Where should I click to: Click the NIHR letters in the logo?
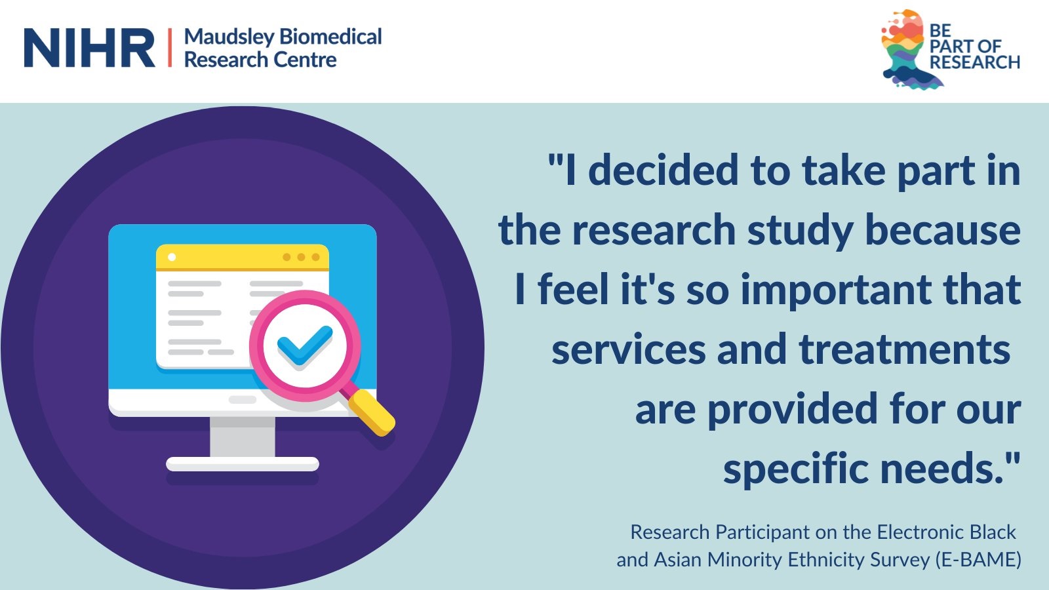pyautogui.click(x=89, y=47)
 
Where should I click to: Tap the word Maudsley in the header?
pyautogui.click(x=229, y=37)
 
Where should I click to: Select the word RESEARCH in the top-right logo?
pyautogui.click(x=974, y=62)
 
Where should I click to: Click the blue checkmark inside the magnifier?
pyautogui.click(x=305, y=345)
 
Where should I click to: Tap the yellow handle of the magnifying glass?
pyautogui.click(x=372, y=412)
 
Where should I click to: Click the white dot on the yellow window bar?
pyautogui.click(x=172, y=257)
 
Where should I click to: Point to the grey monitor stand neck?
pyautogui.click(x=242, y=437)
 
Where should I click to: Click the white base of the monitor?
pyautogui.click(x=243, y=464)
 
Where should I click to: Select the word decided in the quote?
pyautogui.click(x=663, y=170)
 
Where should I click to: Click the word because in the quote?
pyautogui.click(x=943, y=230)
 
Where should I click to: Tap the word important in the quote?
pyautogui.click(x=836, y=290)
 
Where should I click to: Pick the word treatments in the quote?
pyautogui.click(x=904, y=349)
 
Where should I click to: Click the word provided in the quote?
pyautogui.click(x=793, y=409)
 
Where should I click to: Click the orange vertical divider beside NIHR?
pyautogui.click(x=170, y=47)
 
